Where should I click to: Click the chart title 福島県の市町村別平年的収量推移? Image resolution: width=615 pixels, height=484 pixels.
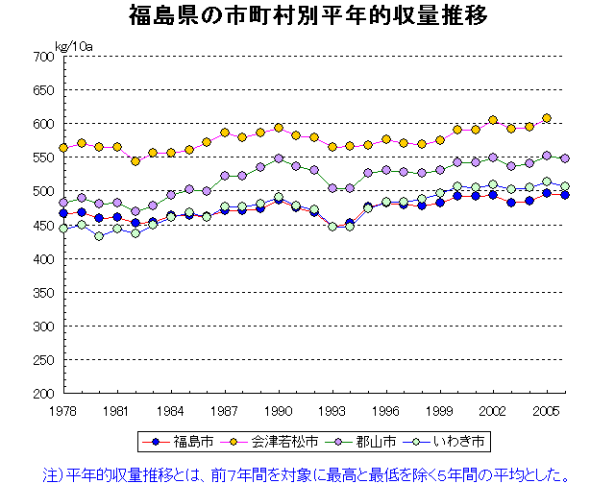308,16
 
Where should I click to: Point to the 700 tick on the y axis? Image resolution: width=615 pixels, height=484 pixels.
40,57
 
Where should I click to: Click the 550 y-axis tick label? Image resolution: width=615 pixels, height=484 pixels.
40,157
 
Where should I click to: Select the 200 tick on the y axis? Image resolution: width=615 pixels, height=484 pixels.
40,394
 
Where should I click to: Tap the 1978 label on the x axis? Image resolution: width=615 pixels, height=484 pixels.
63,410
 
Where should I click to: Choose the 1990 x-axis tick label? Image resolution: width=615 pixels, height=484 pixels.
279,410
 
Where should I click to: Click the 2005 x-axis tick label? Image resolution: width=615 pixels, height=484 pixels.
548,410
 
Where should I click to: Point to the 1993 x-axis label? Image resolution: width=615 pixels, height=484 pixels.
332,410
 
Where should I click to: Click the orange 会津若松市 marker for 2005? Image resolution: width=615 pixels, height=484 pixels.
547,118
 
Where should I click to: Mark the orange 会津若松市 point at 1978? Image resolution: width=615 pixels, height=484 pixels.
63,148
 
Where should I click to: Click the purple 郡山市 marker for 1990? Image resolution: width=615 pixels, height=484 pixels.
279,158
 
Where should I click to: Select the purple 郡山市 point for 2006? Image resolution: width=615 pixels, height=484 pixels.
565,158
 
